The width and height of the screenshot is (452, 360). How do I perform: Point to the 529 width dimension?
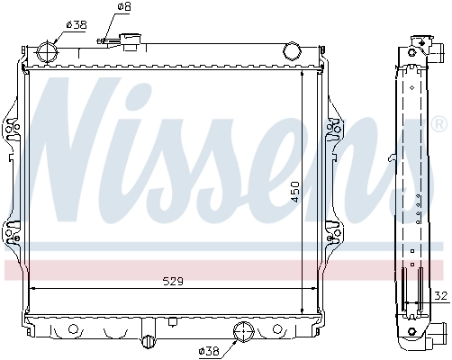coord(172,281)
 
